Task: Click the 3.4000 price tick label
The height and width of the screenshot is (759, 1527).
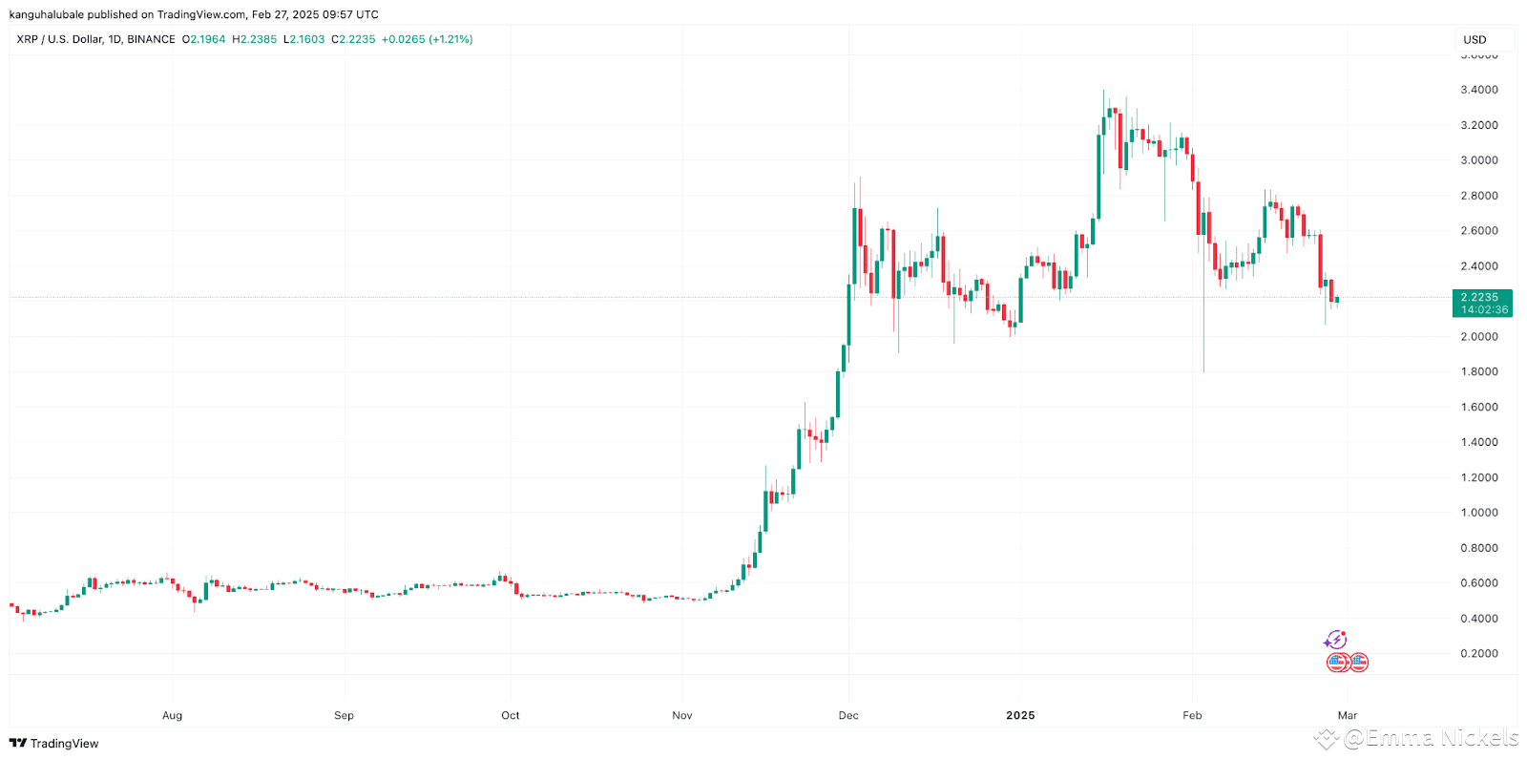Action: click(x=1478, y=90)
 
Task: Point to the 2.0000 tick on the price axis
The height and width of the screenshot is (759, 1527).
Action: click(x=1478, y=337)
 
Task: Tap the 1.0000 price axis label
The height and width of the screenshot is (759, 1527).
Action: click(x=1478, y=513)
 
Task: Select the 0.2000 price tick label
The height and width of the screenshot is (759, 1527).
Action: click(x=1478, y=654)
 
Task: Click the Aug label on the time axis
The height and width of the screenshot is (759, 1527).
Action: click(x=172, y=715)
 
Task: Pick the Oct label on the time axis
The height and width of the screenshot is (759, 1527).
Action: click(x=511, y=715)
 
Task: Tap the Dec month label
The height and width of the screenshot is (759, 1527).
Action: click(x=848, y=715)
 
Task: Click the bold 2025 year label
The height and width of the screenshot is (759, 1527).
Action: click(x=1020, y=715)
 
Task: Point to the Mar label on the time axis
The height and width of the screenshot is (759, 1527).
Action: click(x=1348, y=715)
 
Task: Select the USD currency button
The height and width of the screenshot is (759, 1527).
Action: click(x=1475, y=40)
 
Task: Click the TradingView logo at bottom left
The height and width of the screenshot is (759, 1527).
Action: click(x=54, y=744)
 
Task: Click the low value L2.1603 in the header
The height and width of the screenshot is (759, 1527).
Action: click(x=304, y=39)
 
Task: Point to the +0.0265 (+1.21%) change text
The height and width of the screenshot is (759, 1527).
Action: click(x=427, y=39)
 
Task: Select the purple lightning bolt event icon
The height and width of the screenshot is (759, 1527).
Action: click(x=1335, y=640)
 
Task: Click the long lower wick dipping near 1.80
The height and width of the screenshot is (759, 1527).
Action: click(x=1203, y=344)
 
